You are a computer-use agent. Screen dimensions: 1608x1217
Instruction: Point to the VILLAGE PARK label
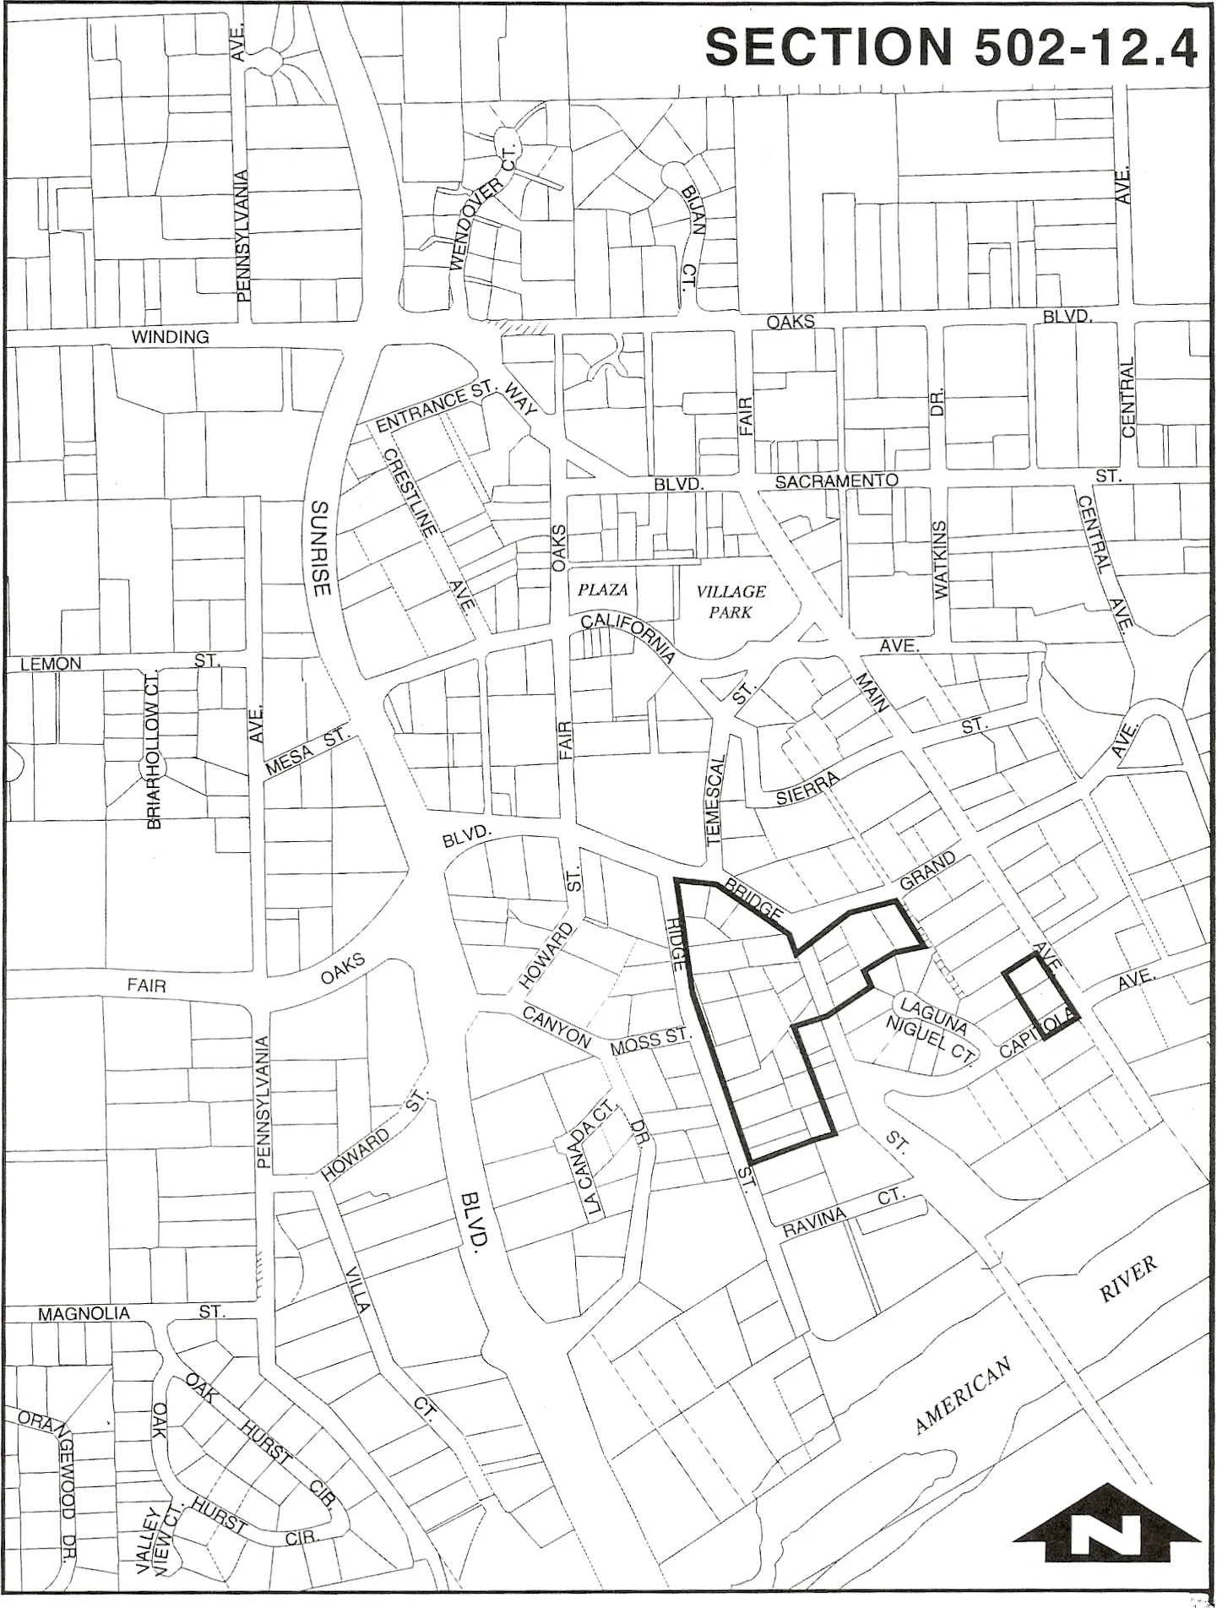point(731,601)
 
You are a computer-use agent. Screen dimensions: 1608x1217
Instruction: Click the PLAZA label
point(603,589)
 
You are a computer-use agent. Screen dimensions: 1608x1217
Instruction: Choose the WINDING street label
point(170,337)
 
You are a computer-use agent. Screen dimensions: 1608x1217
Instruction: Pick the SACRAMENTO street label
point(837,481)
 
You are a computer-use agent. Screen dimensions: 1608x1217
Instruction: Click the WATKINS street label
point(943,561)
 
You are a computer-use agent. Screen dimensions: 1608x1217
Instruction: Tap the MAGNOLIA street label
point(84,1314)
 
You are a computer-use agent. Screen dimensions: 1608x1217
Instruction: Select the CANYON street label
point(555,1028)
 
